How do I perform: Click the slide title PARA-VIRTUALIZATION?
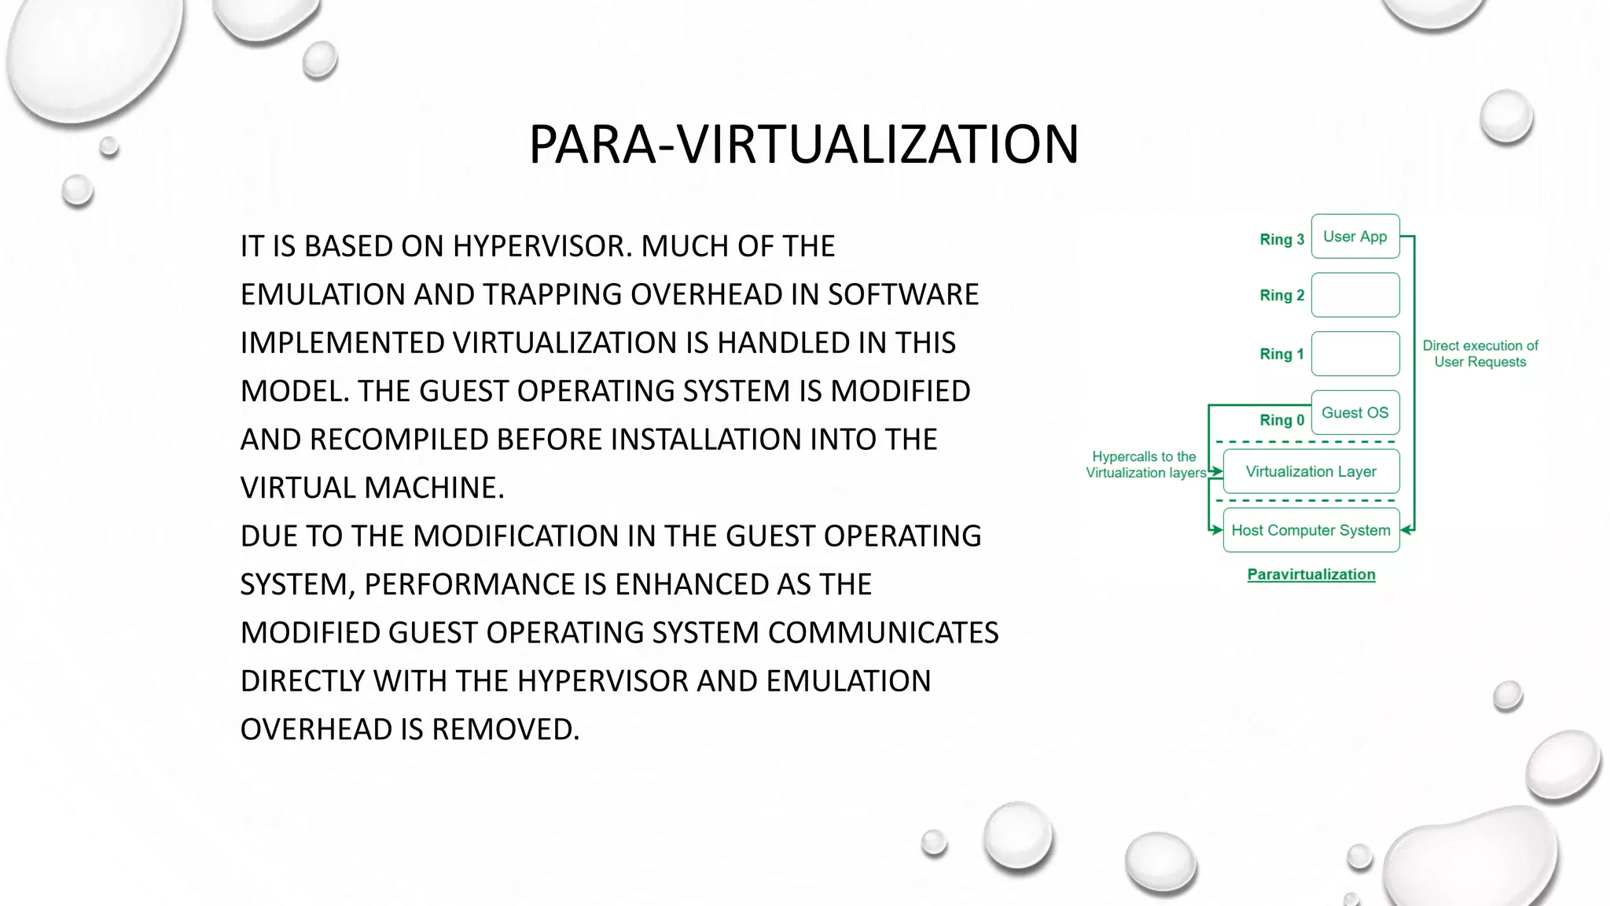point(803,145)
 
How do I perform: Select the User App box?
point(1355,237)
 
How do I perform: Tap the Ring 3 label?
point(1281,239)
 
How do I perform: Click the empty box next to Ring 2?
point(1355,295)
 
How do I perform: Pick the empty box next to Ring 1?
point(1355,354)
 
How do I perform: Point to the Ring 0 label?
point(1281,420)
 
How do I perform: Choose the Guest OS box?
point(1355,413)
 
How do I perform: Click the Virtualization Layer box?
point(1310,472)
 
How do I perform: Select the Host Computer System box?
point(1310,530)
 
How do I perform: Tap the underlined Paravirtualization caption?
point(1310,575)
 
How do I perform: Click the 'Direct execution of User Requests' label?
point(1480,354)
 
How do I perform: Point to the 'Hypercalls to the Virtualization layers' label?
point(1145,465)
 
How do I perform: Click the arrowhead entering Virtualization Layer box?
point(1217,472)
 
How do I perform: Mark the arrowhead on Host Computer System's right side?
point(1406,530)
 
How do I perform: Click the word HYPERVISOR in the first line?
point(542,247)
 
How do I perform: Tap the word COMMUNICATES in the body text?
point(883,633)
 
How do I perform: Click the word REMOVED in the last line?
point(505,730)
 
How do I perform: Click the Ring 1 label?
point(1281,354)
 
